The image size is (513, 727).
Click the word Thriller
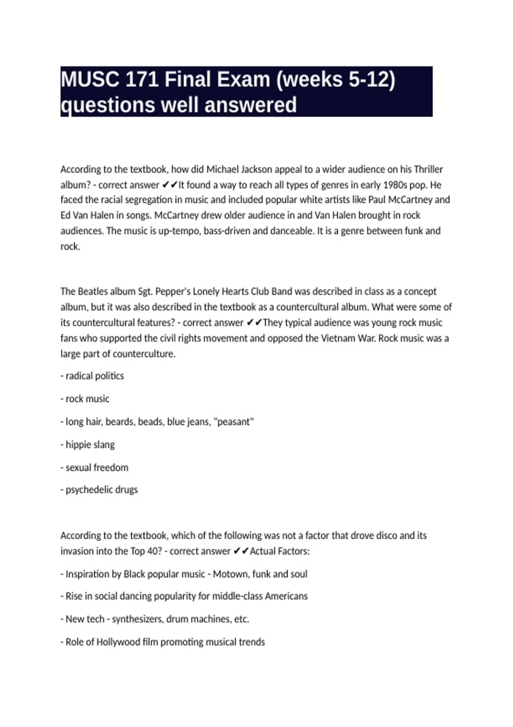click(x=428, y=169)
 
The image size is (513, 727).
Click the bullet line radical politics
click(x=92, y=376)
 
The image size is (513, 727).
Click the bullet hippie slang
click(x=88, y=445)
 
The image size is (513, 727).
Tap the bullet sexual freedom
click(x=94, y=467)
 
